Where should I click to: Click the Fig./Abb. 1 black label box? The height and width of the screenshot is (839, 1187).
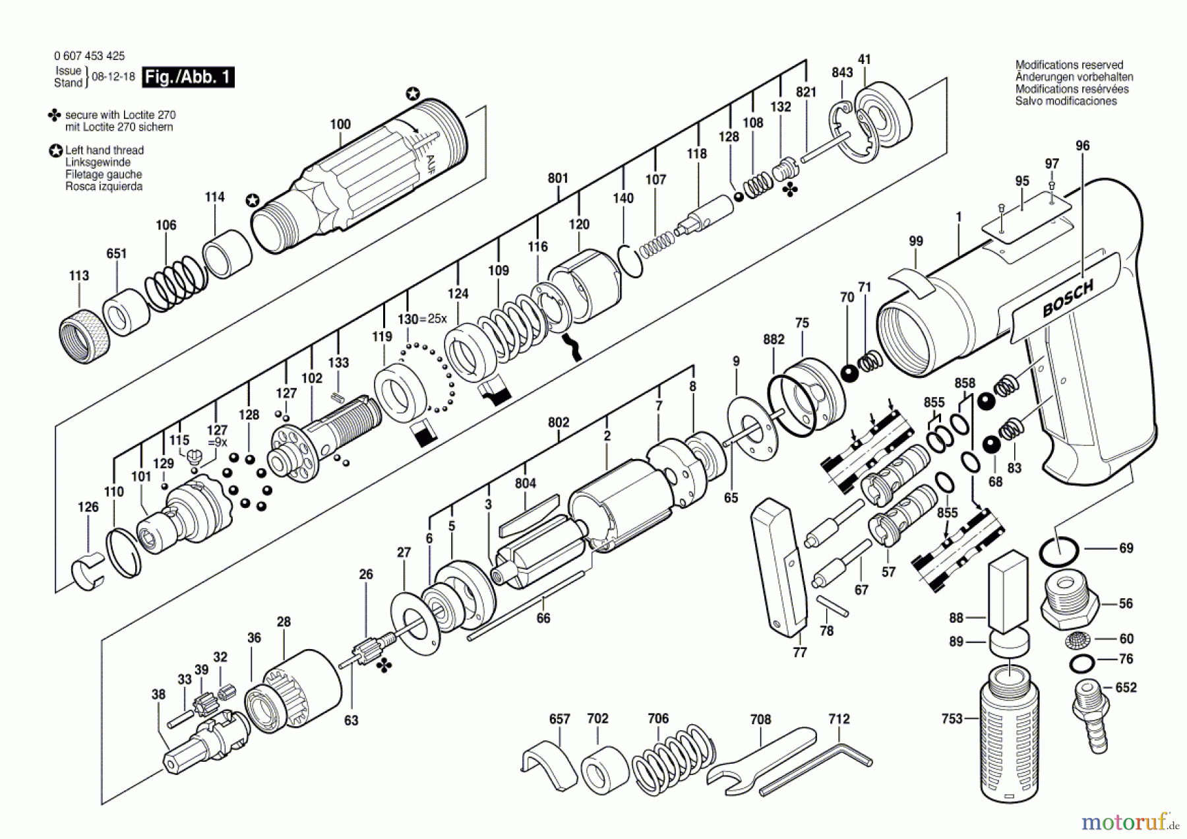(x=189, y=77)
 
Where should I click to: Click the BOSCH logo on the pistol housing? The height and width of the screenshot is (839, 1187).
(x=1068, y=299)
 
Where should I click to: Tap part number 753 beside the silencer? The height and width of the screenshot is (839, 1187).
(x=952, y=718)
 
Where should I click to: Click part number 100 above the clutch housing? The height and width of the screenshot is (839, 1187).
(x=340, y=124)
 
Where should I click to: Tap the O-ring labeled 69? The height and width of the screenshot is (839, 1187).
(x=1058, y=551)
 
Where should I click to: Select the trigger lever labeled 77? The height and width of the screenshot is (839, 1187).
(x=778, y=567)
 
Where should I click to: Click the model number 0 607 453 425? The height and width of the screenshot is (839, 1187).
(x=89, y=56)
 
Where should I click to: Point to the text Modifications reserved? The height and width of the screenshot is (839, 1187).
(x=1069, y=65)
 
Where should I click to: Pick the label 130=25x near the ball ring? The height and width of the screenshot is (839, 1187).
(x=422, y=319)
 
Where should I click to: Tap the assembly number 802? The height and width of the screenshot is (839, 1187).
(x=558, y=422)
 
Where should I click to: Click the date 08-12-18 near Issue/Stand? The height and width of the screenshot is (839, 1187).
(x=113, y=77)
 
